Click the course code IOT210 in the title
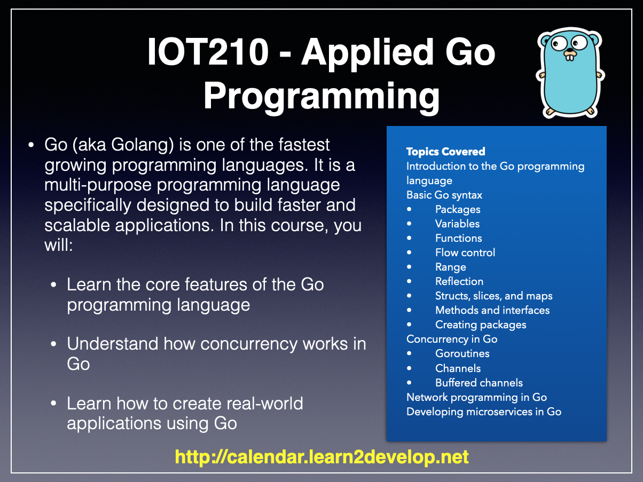pyautogui.click(x=208, y=52)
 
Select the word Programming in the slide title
pyautogui.click(x=321, y=97)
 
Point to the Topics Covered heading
pyautogui.click(x=445, y=152)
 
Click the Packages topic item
pyautogui.click(x=458, y=210)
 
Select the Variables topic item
pyautogui.click(x=457, y=224)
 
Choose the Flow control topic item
pyautogui.click(x=465, y=252)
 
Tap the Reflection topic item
pyautogui.click(x=459, y=281)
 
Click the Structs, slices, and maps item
pyautogui.click(x=494, y=296)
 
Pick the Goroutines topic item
pyautogui.click(x=462, y=353)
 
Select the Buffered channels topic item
pyautogui.click(x=479, y=383)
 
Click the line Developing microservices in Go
pyautogui.click(x=484, y=412)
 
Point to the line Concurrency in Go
pyautogui.click(x=452, y=339)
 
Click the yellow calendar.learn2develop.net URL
pyautogui.click(x=321, y=457)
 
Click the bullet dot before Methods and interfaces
pyautogui.click(x=409, y=310)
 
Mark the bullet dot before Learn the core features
pyautogui.click(x=53, y=285)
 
